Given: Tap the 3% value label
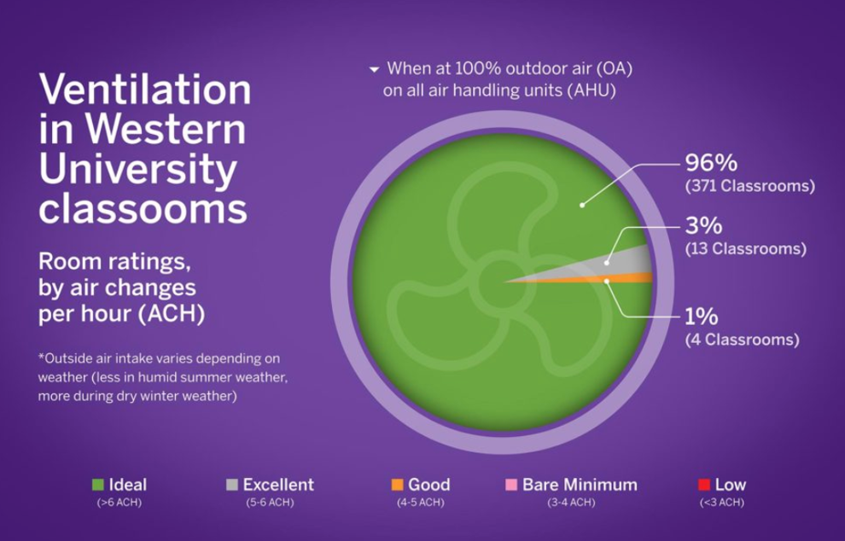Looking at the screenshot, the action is click(x=703, y=225).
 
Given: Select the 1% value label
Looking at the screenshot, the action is click(x=701, y=317).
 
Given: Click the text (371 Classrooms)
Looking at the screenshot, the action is click(x=750, y=186).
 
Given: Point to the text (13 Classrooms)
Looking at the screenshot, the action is click(x=746, y=248).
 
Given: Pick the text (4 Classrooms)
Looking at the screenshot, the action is click(x=742, y=340).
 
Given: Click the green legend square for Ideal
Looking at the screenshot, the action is click(x=98, y=485).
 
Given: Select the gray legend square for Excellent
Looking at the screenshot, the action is click(x=231, y=485).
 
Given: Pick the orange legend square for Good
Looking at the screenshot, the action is click(x=397, y=485).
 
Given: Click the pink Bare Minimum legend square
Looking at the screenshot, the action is click(x=511, y=485).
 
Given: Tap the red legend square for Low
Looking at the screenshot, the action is click(x=704, y=485).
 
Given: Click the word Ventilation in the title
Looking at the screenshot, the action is click(x=145, y=90).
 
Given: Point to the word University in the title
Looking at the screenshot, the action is click(x=138, y=170).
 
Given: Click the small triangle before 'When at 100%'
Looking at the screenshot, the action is click(x=374, y=69).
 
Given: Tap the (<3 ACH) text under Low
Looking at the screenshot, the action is click(x=721, y=503).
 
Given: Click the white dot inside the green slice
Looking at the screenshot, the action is click(x=582, y=205).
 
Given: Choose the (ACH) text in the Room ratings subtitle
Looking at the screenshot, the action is click(x=172, y=314).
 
